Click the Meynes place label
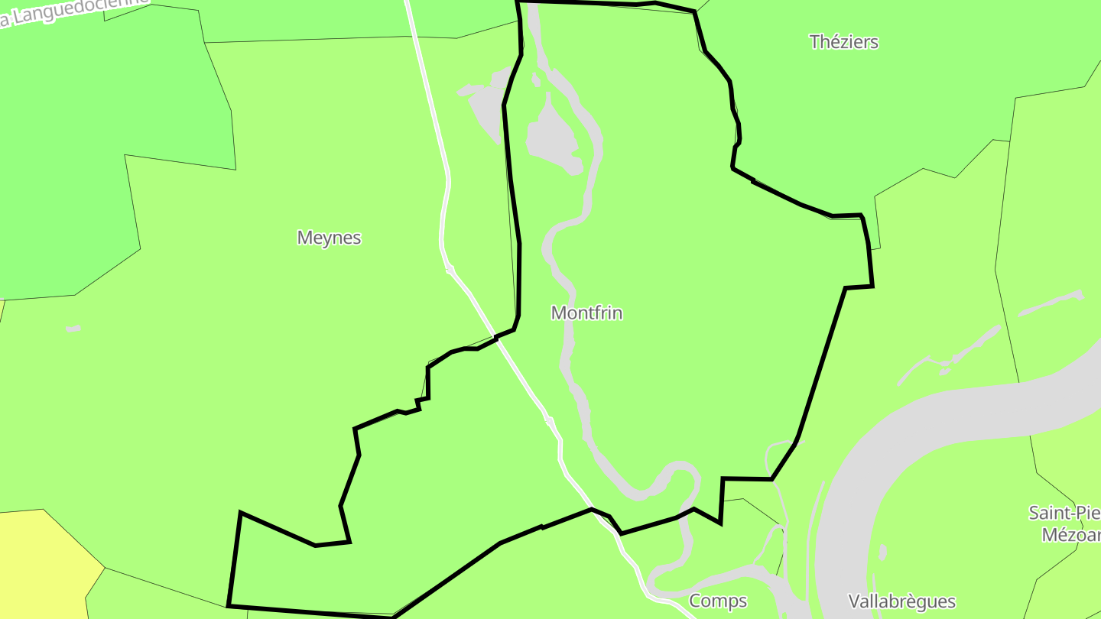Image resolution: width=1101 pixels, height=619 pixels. click(x=329, y=238)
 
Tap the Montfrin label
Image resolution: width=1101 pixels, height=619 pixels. click(x=586, y=313)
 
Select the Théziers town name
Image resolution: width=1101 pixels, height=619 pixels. click(x=844, y=42)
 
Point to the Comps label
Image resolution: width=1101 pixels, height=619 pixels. click(x=718, y=601)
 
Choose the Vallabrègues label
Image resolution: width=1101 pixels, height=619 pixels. click(x=902, y=601)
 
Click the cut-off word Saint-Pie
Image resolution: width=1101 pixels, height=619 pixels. click(x=1064, y=512)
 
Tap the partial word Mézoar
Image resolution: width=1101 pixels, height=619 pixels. click(x=1070, y=533)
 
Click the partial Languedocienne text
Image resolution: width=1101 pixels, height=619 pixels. click(x=73, y=11)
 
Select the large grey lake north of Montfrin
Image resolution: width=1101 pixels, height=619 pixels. click(x=552, y=138)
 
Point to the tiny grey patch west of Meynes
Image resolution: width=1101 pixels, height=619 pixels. click(x=73, y=329)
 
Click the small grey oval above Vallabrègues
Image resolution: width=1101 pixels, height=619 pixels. click(x=883, y=552)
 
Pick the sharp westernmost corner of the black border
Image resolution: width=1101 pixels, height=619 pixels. click(x=241, y=513)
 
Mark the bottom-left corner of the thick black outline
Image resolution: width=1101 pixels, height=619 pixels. click(x=229, y=606)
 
